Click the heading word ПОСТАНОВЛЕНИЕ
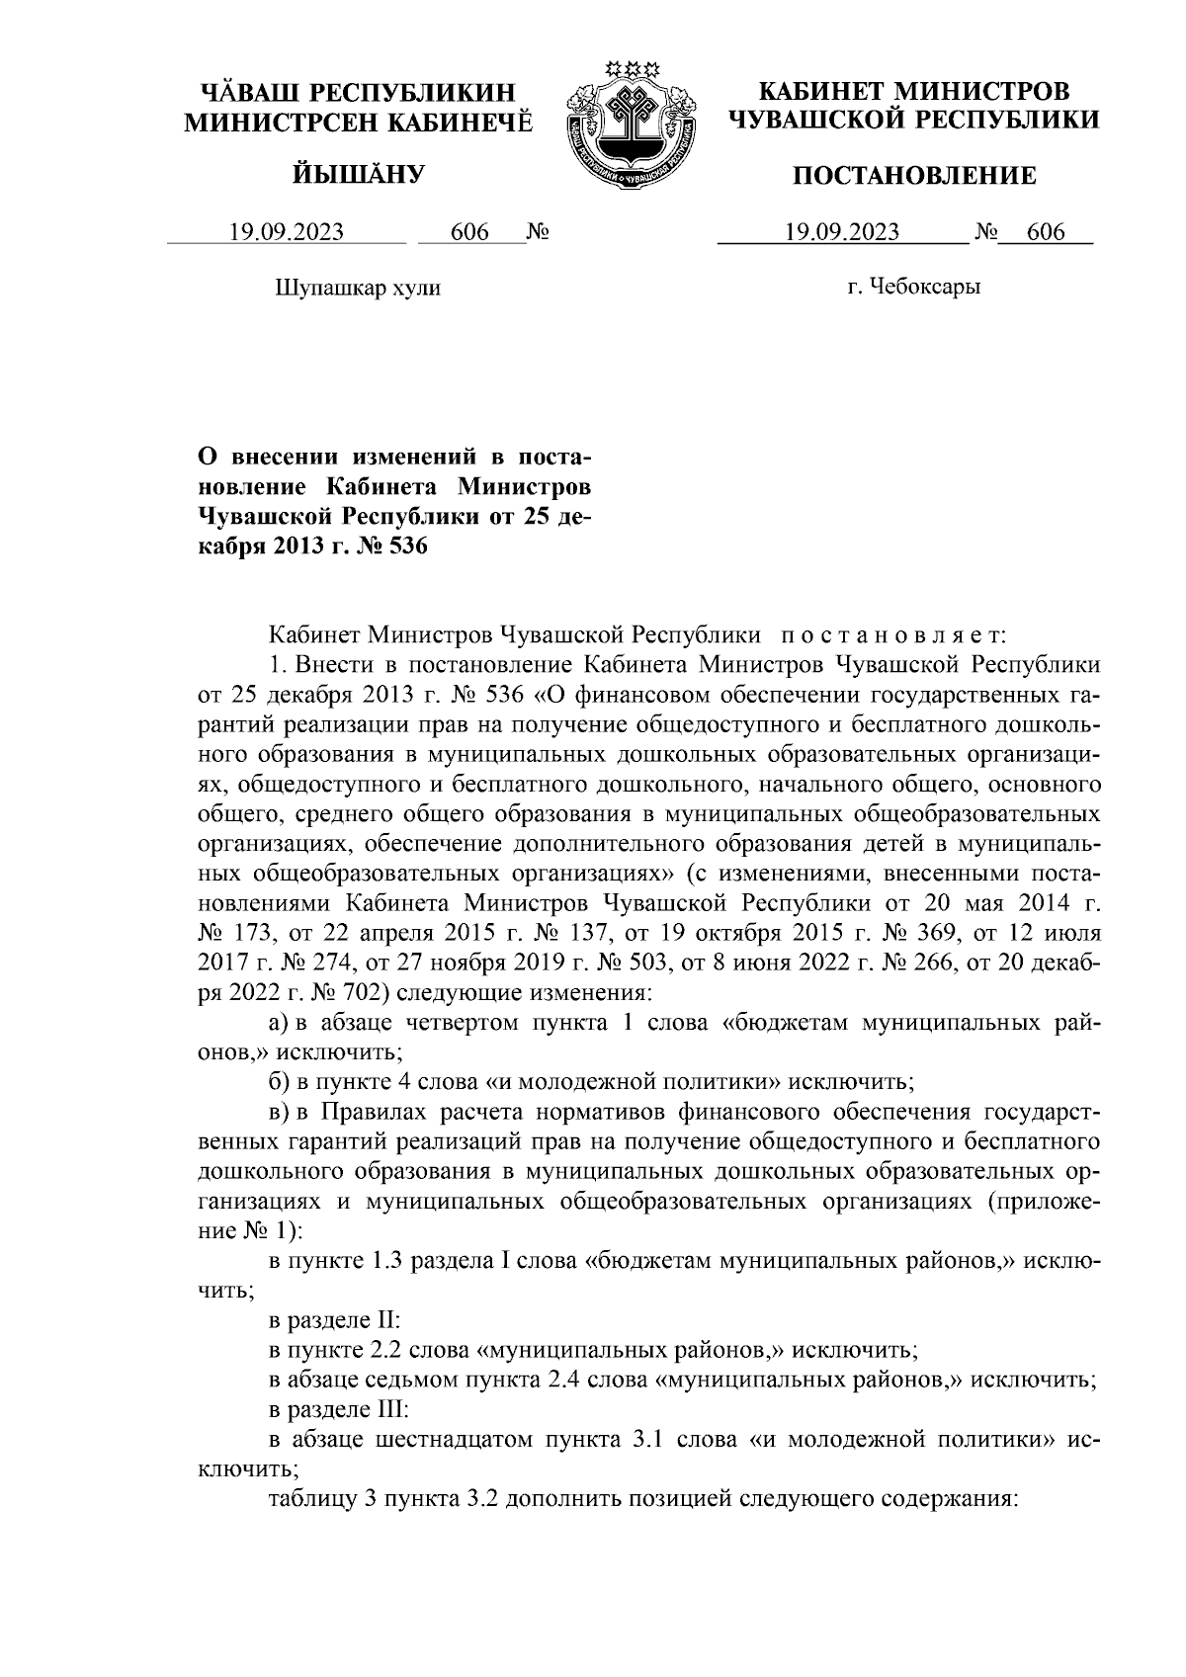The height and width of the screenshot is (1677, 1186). [x=915, y=177]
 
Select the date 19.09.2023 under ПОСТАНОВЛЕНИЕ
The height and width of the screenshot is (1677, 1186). [x=842, y=233]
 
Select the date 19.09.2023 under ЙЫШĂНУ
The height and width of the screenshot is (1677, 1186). [x=287, y=233]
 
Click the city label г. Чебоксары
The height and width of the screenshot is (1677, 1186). [x=913, y=288]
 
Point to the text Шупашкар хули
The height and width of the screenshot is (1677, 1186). [x=356, y=288]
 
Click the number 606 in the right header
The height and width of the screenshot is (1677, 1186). [x=1046, y=233]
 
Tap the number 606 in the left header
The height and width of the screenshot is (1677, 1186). [x=469, y=233]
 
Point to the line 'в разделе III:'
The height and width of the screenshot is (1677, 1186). [x=336, y=1407]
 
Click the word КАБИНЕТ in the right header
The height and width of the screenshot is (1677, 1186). [x=817, y=92]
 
